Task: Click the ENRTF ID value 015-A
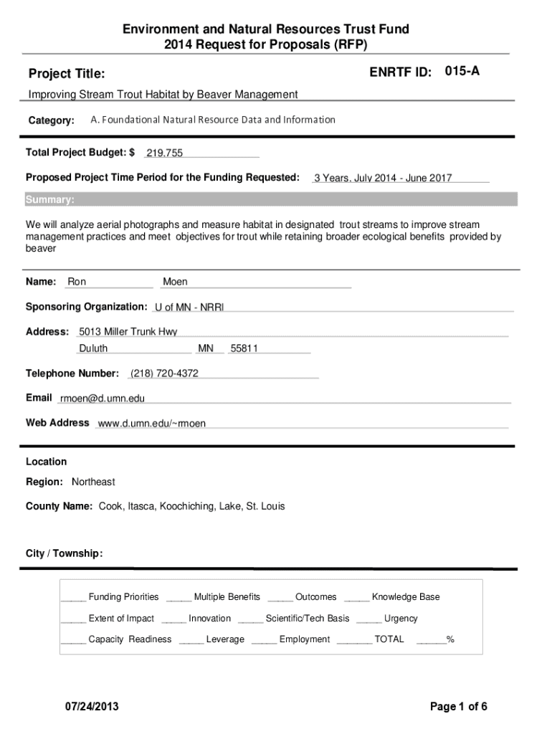[x=462, y=71]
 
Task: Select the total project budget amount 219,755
[x=164, y=153]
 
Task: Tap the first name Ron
[x=77, y=282]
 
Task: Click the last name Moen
[x=175, y=282]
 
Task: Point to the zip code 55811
[x=244, y=348]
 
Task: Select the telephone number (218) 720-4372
[x=164, y=373]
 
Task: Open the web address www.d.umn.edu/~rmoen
[x=151, y=423]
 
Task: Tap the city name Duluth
[x=93, y=348]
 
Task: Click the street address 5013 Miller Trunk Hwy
[x=128, y=331]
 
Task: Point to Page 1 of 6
[x=459, y=707]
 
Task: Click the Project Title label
[x=67, y=74]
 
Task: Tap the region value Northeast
[x=93, y=482]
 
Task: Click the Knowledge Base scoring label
[x=406, y=596]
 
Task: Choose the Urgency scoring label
[x=401, y=618]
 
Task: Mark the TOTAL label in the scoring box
[x=389, y=639]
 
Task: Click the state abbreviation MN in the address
[x=206, y=348]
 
